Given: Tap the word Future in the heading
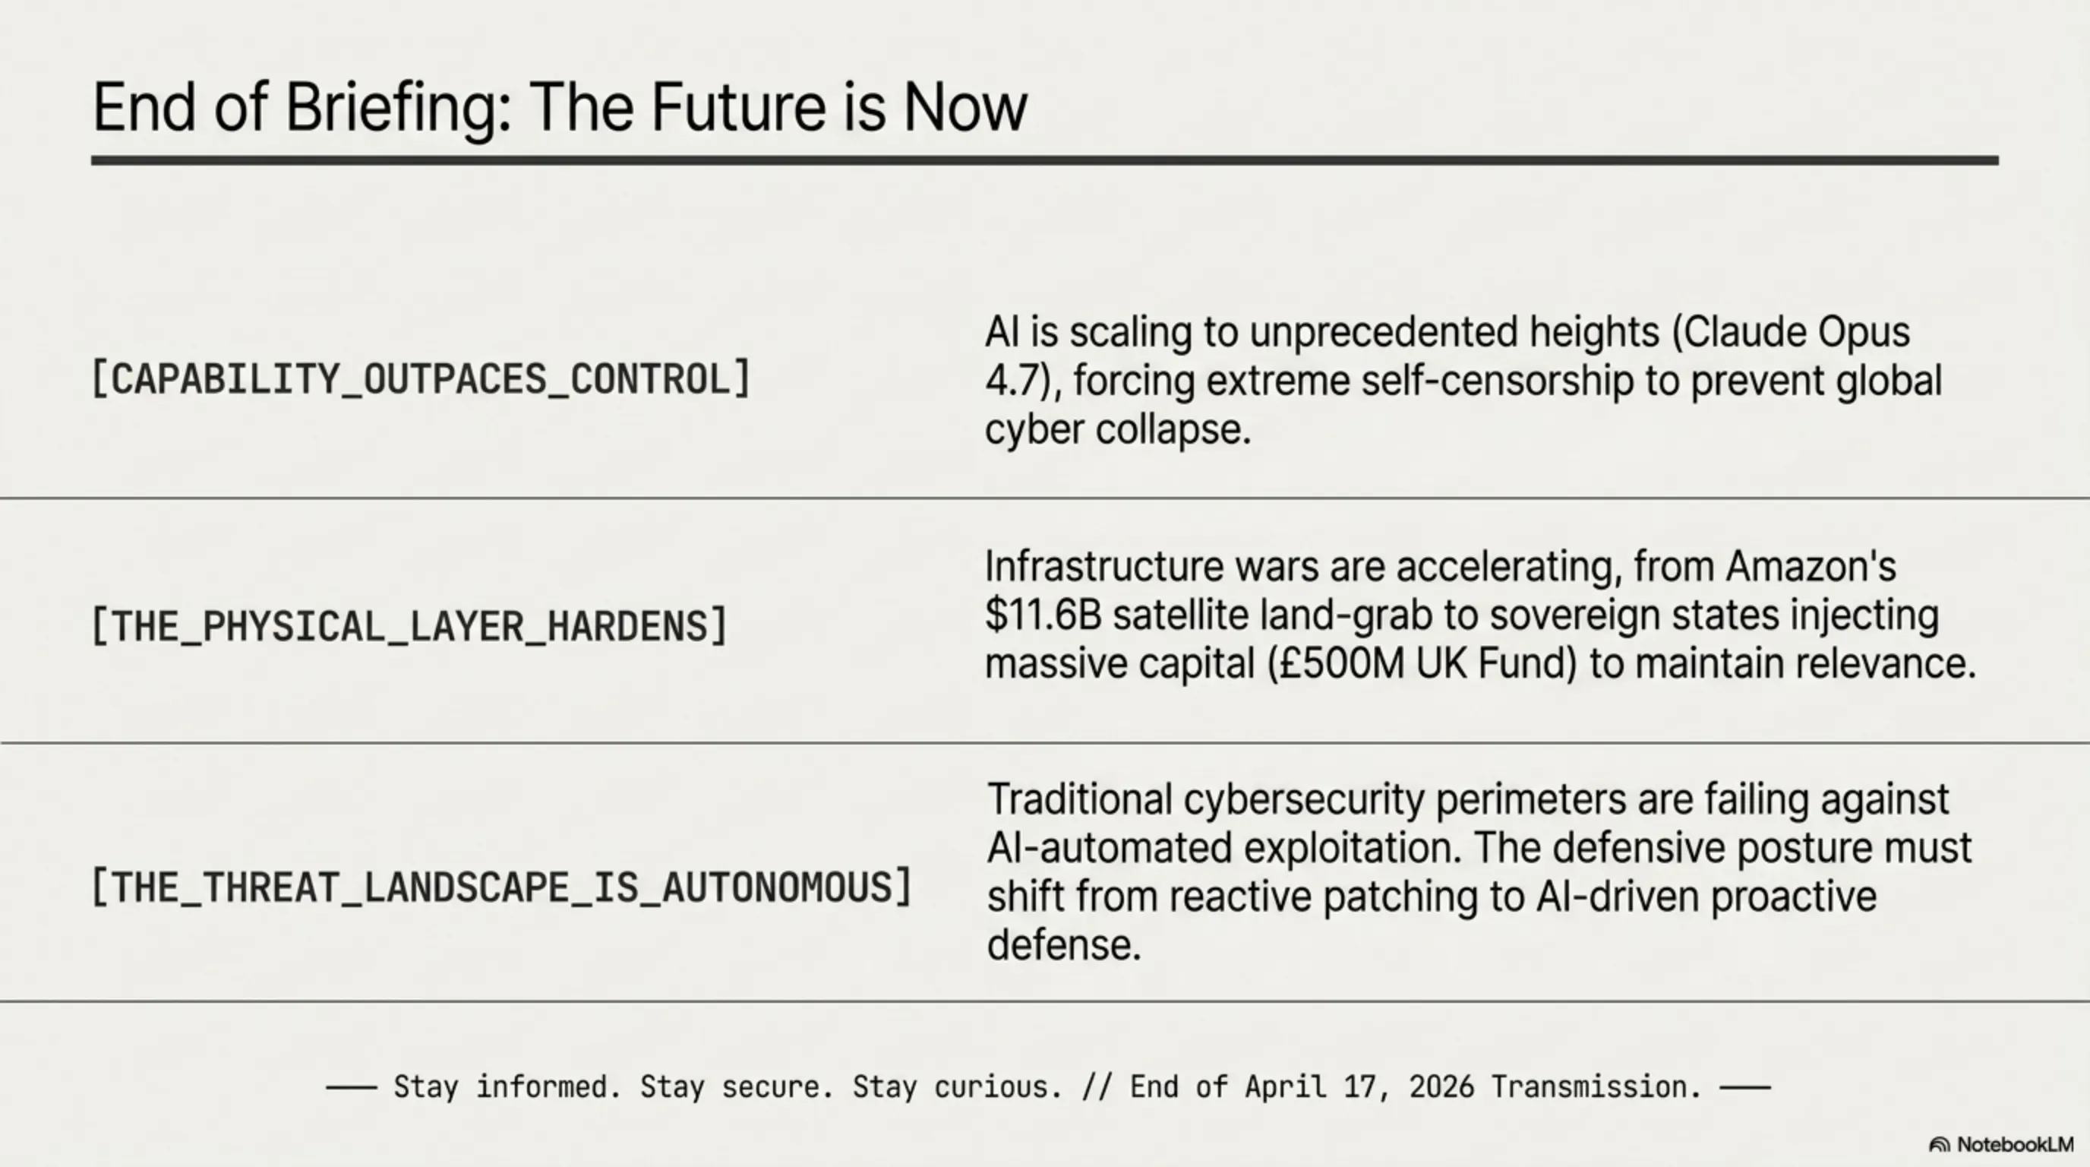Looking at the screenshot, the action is tap(738, 107).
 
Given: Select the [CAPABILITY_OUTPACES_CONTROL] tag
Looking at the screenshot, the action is tap(421, 379).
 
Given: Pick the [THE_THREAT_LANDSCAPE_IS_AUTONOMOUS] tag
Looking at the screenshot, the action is tap(502, 886).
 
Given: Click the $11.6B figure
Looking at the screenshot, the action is tap(1043, 615).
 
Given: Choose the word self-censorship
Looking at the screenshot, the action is tap(1498, 381).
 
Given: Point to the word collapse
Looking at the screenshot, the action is tap(1173, 429).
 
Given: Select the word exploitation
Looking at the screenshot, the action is tap(1352, 848).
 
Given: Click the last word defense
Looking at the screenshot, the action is tap(1064, 945).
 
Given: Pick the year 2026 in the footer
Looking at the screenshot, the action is tap(1441, 1086).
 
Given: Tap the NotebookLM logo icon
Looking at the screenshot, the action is tap(1939, 1145).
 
